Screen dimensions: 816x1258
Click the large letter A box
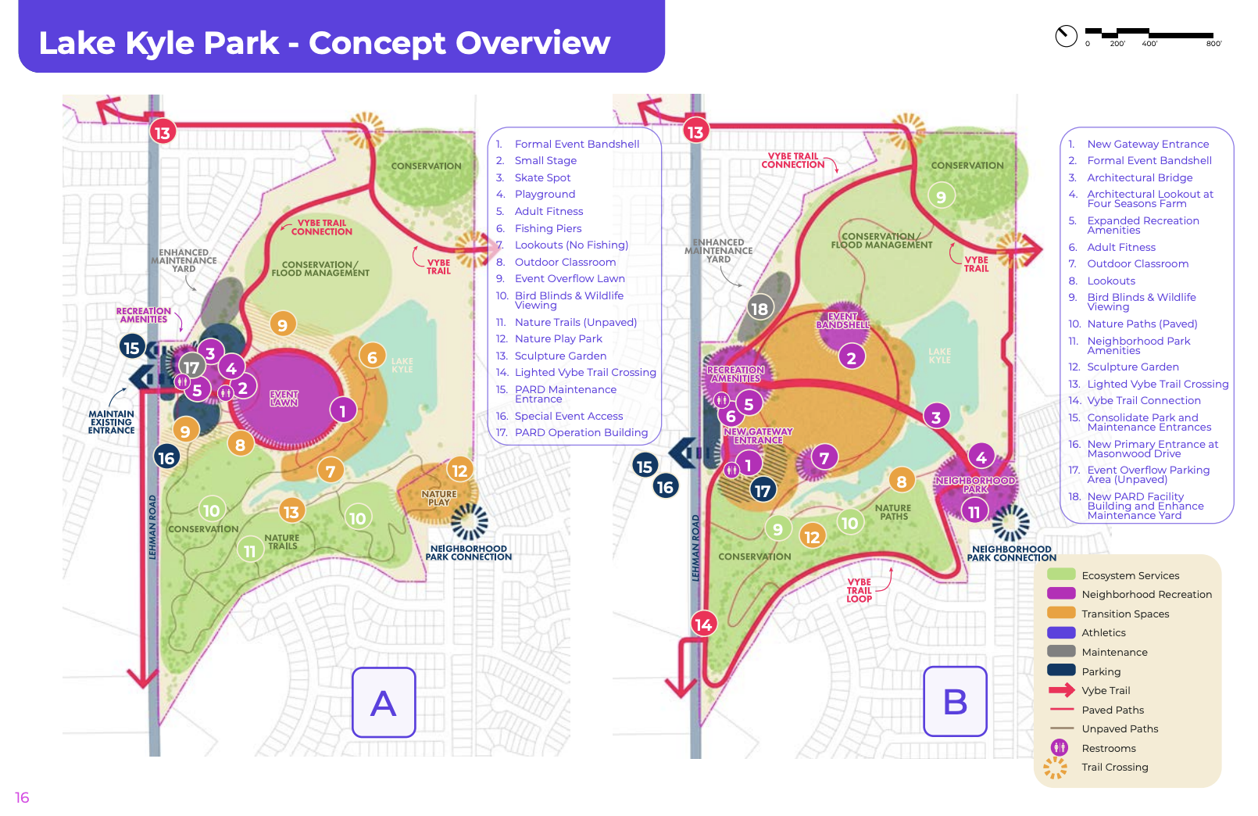tap(384, 702)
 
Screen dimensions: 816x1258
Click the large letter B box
tap(955, 701)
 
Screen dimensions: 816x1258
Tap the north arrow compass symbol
tap(1066, 36)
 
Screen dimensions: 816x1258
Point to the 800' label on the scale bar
tap(1213, 44)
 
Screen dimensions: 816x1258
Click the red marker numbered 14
tap(703, 625)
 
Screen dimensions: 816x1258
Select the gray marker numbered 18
tap(759, 308)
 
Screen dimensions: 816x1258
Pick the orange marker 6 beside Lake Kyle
tap(372, 357)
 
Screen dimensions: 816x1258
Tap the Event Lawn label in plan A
tap(284, 399)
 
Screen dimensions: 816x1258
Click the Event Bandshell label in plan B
tap(842, 320)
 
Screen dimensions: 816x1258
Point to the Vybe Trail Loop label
tap(859, 590)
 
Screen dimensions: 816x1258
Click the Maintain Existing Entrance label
tap(111, 422)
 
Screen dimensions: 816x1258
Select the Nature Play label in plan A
tap(439, 498)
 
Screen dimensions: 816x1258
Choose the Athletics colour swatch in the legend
tap(1061, 632)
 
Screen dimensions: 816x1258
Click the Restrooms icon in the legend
tap(1060, 747)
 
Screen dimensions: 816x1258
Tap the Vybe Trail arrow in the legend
tap(1061, 690)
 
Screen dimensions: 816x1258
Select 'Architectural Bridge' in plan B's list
tap(1139, 177)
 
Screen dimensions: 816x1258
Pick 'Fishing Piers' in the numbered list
tap(548, 228)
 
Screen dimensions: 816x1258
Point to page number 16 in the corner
tap(22, 797)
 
